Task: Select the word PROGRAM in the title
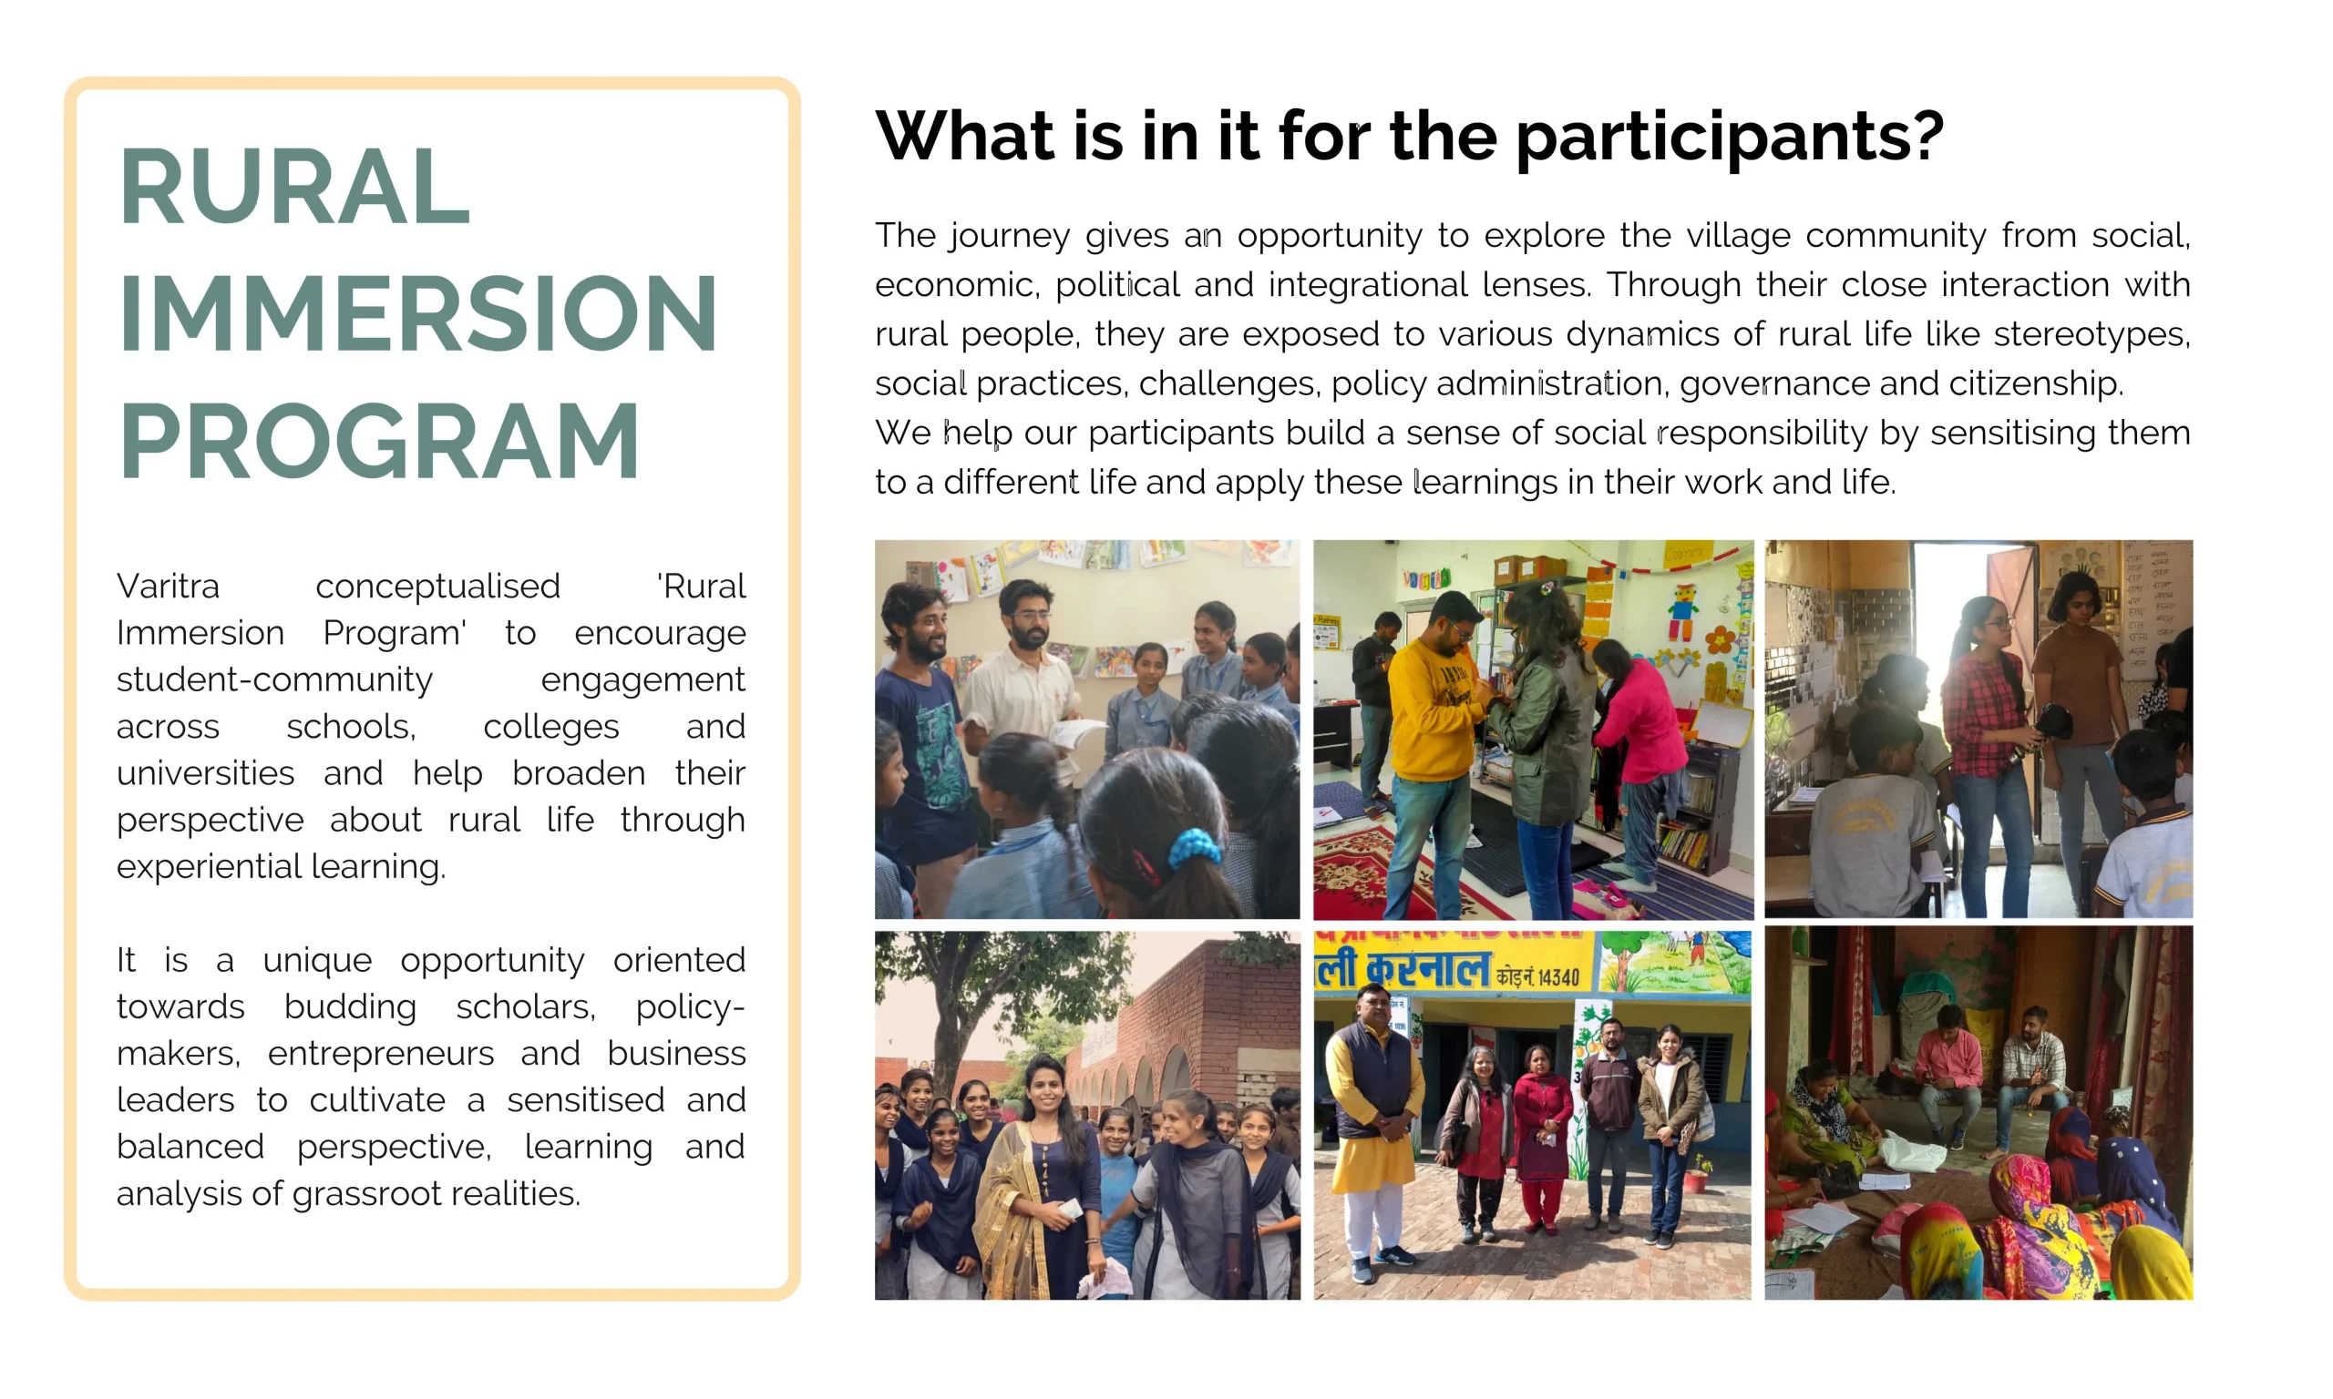click(x=379, y=440)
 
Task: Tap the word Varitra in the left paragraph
click(x=168, y=587)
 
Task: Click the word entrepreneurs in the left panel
click(x=381, y=1053)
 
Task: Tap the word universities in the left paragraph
click(x=206, y=773)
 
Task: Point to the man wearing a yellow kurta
click(x=1372, y=1131)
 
